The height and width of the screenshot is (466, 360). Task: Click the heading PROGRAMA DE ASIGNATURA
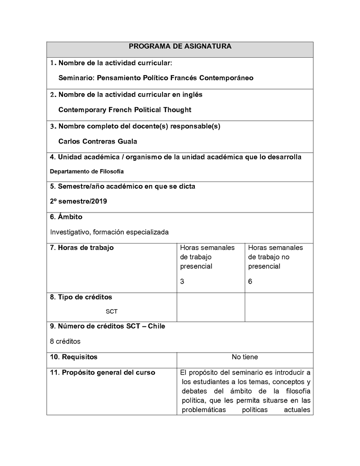(x=180, y=46)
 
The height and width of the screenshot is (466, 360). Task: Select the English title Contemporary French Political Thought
(x=125, y=110)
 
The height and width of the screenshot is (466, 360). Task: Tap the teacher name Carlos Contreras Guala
(x=98, y=141)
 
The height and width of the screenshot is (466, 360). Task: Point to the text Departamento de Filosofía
(x=86, y=172)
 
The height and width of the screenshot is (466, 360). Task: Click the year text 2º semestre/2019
(x=78, y=201)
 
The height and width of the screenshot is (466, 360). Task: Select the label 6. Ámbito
(x=66, y=217)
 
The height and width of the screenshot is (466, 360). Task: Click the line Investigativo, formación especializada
(x=109, y=232)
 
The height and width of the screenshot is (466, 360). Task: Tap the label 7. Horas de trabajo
(x=82, y=248)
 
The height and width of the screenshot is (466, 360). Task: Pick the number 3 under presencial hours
(x=182, y=281)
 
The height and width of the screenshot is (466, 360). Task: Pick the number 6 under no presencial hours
(x=250, y=281)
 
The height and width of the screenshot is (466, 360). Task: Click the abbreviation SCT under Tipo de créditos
(x=112, y=311)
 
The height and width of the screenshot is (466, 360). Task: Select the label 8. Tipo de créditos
(x=81, y=297)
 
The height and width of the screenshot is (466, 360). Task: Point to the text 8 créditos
(x=65, y=341)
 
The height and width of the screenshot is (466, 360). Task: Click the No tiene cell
(x=245, y=357)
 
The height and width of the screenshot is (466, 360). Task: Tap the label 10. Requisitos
(x=73, y=357)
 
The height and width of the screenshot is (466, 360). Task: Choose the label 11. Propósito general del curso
(x=103, y=372)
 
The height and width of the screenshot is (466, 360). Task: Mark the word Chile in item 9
(x=156, y=326)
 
